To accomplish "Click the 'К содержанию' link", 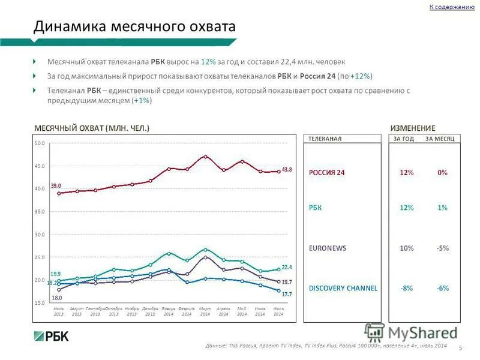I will click(452, 7).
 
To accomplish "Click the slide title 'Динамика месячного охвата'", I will click(134, 26).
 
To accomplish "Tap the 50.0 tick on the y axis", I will click(39, 143).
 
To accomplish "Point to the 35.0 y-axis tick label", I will click(39, 212).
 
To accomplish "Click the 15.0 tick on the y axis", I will click(39, 303).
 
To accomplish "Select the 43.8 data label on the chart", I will click(287, 170).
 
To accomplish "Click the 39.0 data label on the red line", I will click(55, 186).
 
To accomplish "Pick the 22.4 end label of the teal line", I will click(287, 268).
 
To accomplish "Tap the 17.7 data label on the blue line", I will click(287, 294).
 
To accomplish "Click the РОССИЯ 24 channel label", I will click(327, 173).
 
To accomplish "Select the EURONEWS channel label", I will click(328, 248).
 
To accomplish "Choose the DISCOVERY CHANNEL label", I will click(343, 288).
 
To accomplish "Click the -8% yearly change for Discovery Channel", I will click(406, 288).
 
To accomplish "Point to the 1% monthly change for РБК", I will click(442, 208).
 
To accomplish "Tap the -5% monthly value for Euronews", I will click(442, 248).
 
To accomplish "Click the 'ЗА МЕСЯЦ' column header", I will click(440, 139).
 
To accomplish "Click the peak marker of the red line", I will click(205, 157).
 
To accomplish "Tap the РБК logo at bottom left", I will click(50, 336).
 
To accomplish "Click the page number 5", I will click(460, 349).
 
